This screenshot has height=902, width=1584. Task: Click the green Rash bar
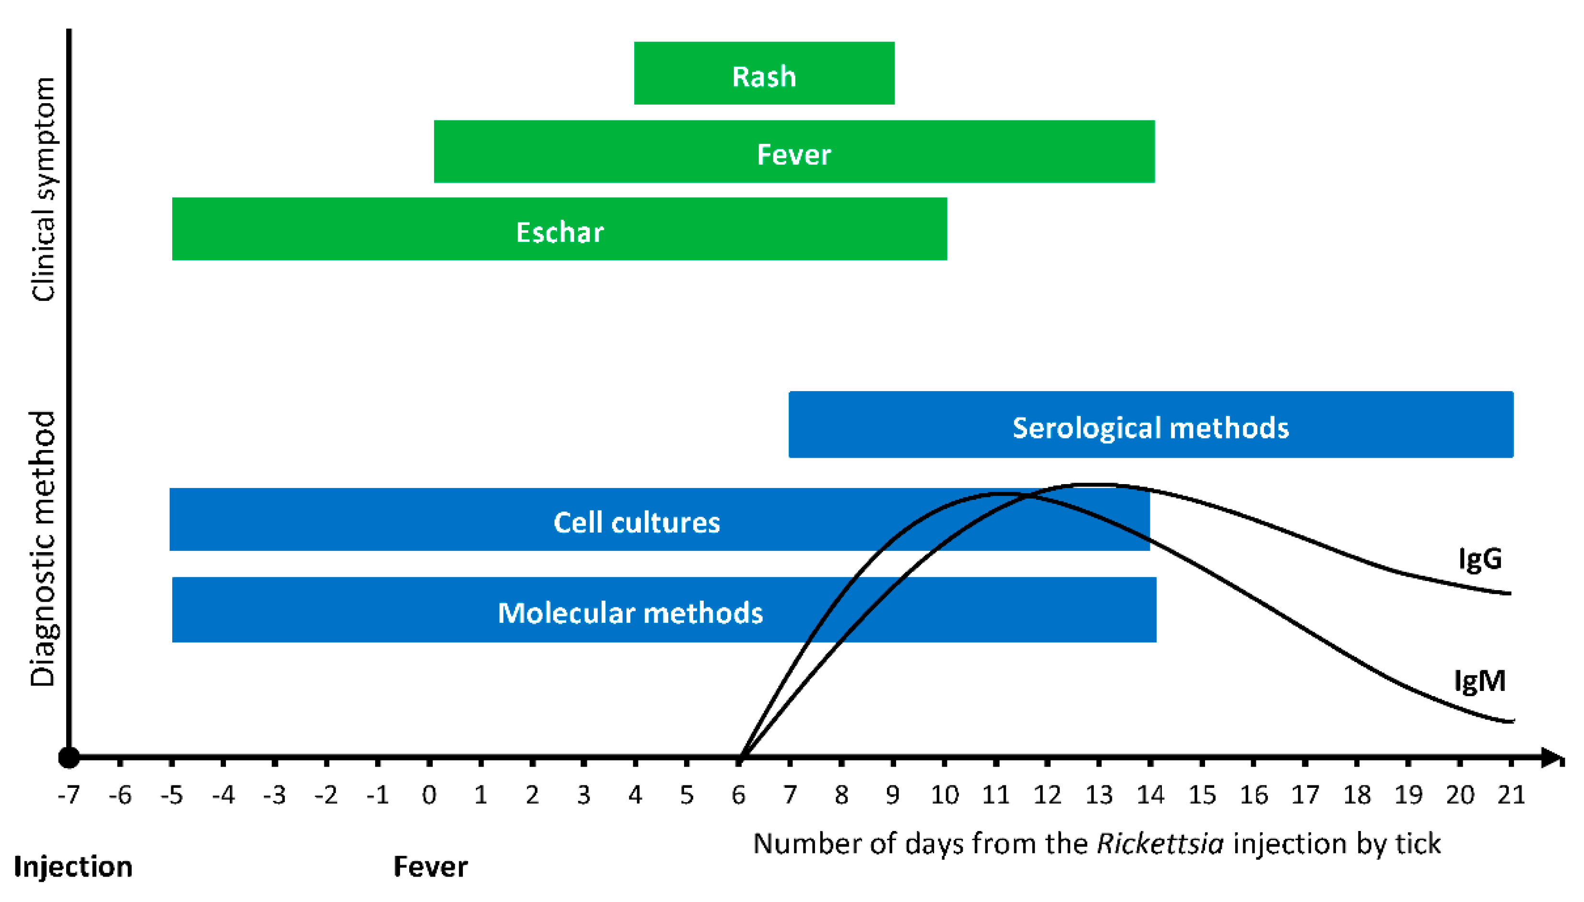pos(764,73)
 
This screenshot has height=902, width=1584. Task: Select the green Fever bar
pos(793,152)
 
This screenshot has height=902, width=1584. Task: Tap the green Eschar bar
pos(559,229)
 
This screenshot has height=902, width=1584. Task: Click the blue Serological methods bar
pos(1150,425)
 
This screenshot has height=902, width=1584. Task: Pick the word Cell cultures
pos(637,522)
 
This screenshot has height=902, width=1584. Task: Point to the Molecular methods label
pos(630,613)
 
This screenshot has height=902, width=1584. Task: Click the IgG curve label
pos(1479,559)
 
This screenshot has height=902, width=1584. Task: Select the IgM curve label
pos(1479,681)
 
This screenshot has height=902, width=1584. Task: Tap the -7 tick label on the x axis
pos(68,794)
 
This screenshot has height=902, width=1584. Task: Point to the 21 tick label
pos(1511,794)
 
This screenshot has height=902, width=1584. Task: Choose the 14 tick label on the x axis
pos(1150,794)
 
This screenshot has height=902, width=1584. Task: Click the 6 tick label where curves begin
pos(738,794)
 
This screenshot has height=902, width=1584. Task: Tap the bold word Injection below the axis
pos(73,866)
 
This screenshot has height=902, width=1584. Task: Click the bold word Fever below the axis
pos(430,866)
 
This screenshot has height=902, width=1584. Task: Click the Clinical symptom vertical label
pos(43,189)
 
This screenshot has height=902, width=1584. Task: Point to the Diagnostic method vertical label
pos(43,548)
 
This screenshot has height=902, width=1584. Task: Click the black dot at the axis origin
pos(69,757)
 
